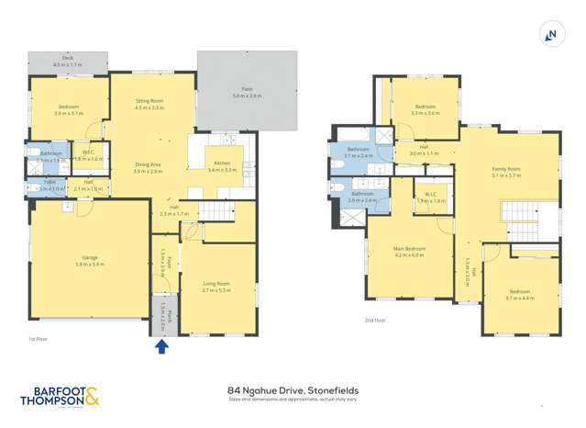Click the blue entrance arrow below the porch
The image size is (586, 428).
pyautogui.click(x=161, y=346)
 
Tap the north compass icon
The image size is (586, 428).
pyautogui.click(x=551, y=35)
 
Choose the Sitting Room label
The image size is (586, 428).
pyautogui.click(x=149, y=105)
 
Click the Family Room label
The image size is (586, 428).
pyautogui.click(x=505, y=171)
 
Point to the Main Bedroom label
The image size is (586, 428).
pyautogui.click(x=409, y=251)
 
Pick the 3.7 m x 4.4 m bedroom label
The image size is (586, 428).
pyautogui.click(x=518, y=294)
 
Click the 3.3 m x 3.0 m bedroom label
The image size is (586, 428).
pyautogui.click(x=426, y=110)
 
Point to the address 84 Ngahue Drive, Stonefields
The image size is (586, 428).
pyautogui.click(x=293, y=389)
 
